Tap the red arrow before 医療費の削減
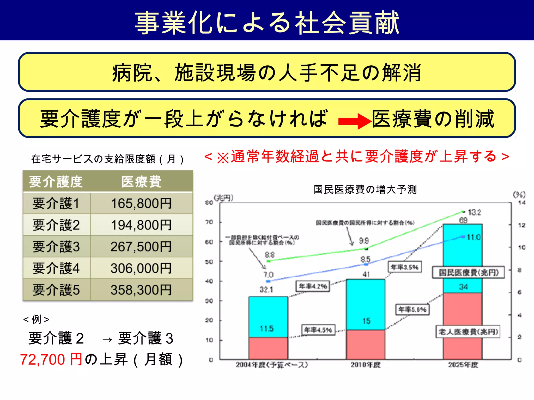click(354, 121)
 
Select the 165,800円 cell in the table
click(141, 203)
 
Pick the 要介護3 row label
click(56, 247)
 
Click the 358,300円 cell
click(141, 290)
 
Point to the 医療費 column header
click(141, 182)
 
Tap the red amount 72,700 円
click(51, 360)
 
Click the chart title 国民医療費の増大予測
click(365, 189)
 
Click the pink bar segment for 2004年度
click(268, 348)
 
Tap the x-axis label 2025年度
click(463, 365)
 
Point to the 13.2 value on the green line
click(475, 212)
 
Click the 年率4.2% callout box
click(313, 286)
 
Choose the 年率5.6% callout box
click(412, 309)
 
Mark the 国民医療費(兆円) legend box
click(469, 272)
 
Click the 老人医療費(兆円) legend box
click(468, 332)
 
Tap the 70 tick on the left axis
click(209, 222)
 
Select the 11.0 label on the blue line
click(474, 237)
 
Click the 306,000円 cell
click(141, 268)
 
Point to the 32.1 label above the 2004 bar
click(266, 289)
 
